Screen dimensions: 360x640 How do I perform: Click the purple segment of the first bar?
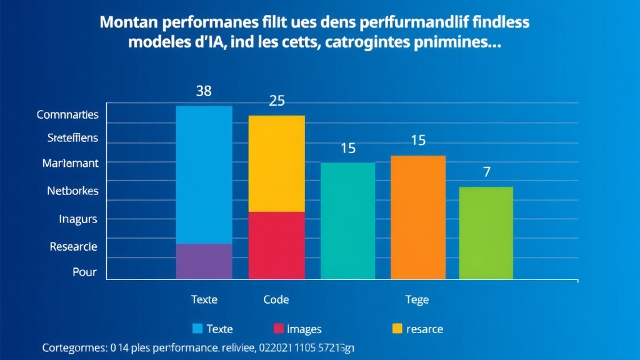[204, 261]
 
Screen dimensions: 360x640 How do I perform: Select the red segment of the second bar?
[277, 245]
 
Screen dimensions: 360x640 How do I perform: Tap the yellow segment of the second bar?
[277, 164]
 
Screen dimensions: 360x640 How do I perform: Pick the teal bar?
[348, 221]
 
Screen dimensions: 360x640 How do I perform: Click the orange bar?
[418, 217]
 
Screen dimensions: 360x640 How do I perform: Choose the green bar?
[486, 232]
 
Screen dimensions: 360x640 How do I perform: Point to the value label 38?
[204, 91]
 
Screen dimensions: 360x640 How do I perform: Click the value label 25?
[277, 101]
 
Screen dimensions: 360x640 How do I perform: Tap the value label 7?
[487, 172]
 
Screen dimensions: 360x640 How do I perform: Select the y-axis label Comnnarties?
[67, 115]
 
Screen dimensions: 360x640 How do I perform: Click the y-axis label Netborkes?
[72, 191]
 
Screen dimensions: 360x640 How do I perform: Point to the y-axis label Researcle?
[73, 247]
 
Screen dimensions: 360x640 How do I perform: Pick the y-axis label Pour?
[84, 272]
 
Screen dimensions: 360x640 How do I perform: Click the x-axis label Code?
[276, 300]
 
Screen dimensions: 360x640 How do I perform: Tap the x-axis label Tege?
[417, 300]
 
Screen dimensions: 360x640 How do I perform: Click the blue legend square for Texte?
[197, 329]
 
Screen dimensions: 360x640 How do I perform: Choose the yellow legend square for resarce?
[397, 329]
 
